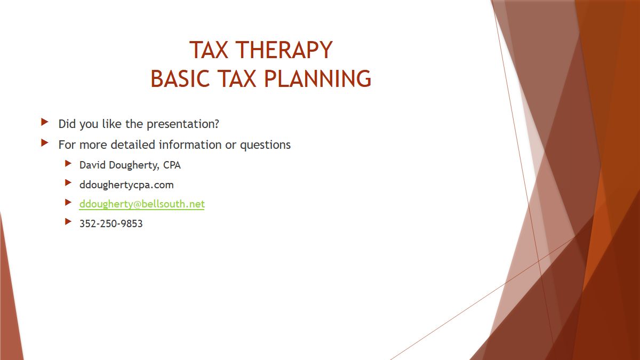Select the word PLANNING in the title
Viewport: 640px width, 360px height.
coord(317,78)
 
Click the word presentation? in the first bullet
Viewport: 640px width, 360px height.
coord(182,124)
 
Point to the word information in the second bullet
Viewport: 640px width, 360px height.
coord(190,145)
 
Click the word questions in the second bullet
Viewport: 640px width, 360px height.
coord(265,145)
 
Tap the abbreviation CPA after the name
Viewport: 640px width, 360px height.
coord(172,165)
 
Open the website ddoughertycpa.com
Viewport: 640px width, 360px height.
coord(126,185)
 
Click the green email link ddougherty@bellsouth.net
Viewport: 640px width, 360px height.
coord(142,204)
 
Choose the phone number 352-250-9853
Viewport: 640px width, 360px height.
coord(111,223)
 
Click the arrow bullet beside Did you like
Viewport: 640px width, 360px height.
coord(45,122)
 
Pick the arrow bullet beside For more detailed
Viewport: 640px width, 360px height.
coord(45,142)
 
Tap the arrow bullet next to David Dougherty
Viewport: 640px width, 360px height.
coord(68,163)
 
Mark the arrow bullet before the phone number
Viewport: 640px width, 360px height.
coord(68,221)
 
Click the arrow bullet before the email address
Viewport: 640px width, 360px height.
coord(68,202)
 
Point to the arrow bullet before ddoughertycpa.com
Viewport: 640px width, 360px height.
coord(68,182)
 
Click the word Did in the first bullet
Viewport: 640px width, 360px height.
coord(67,124)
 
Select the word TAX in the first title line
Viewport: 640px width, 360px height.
coord(209,50)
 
